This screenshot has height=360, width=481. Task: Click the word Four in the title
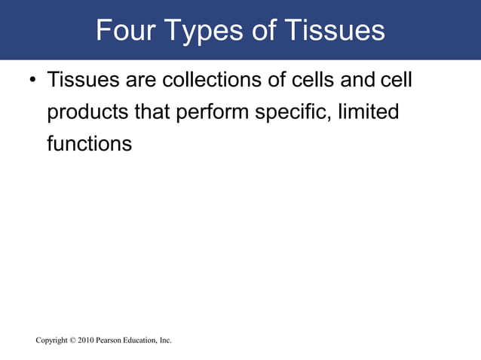click(128, 30)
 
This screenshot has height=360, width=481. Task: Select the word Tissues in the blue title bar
click(335, 30)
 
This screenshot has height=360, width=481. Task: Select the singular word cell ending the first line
click(397, 80)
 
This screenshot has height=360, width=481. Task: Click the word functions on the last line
click(89, 143)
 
